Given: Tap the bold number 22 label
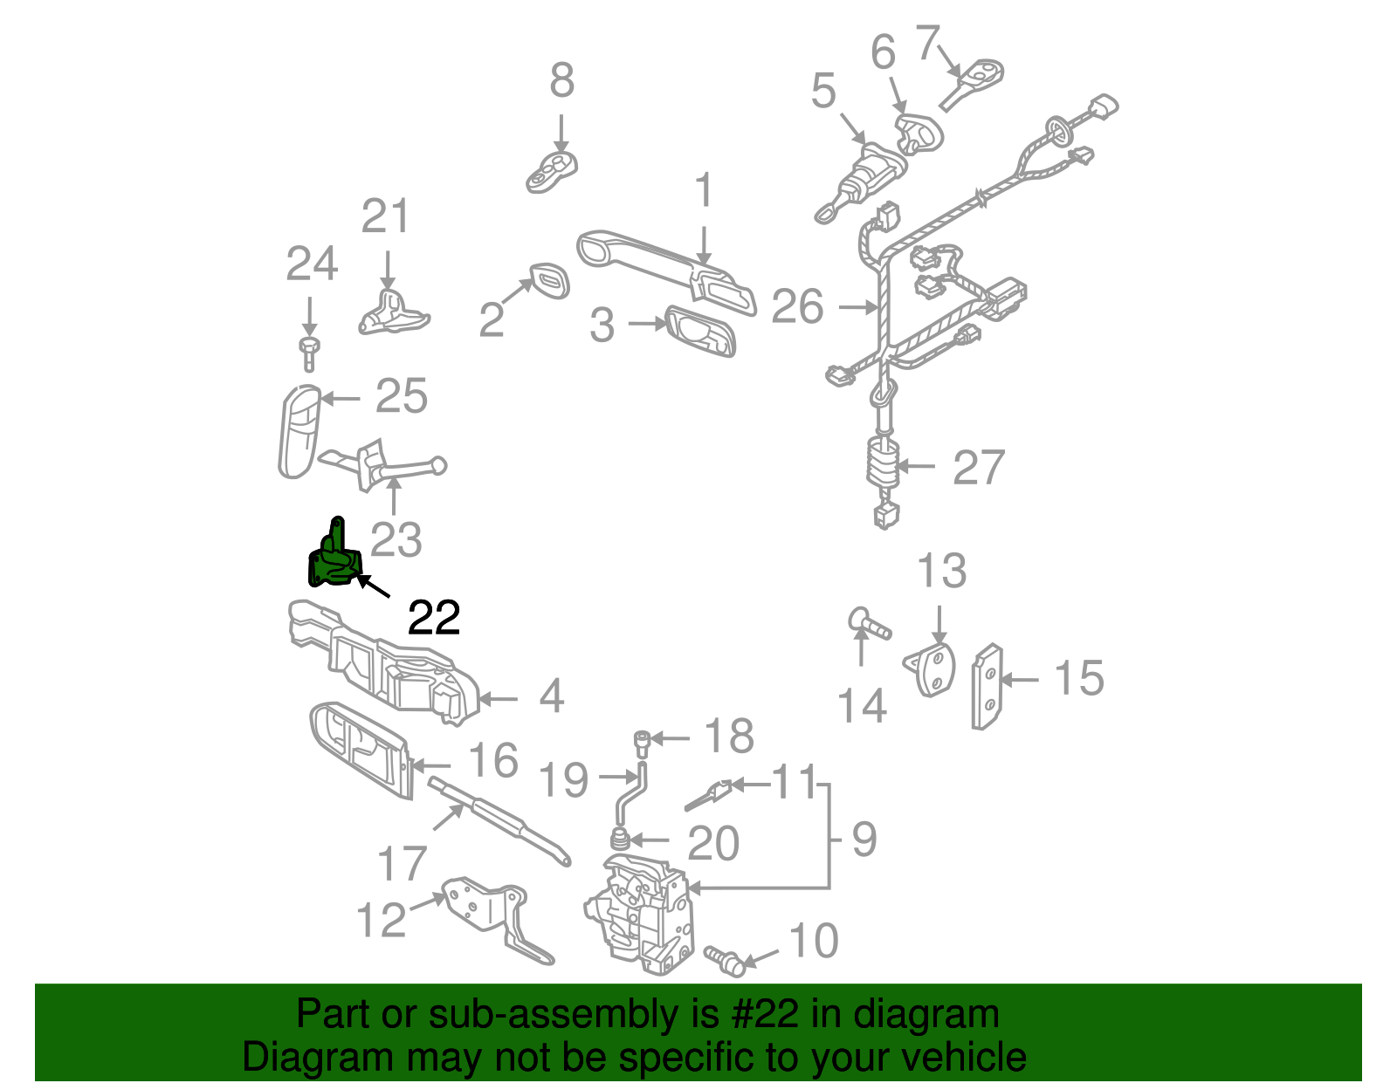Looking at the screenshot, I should (x=434, y=619).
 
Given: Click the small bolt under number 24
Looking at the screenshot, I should (x=308, y=353).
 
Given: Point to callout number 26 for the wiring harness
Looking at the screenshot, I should (x=797, y=307).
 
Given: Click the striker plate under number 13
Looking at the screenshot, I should (x=932, y=669).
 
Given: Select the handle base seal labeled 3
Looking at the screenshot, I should (x=700, y=332).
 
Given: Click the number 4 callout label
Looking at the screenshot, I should (x=551, y=696).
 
